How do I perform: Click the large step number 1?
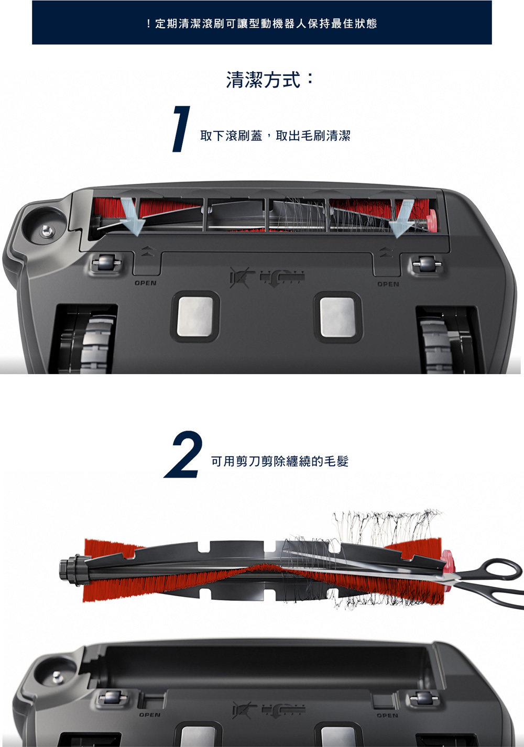181,129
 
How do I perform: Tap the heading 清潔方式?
269,80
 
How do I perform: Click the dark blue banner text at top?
261,24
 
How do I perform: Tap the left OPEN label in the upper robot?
145,283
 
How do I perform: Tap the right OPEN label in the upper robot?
388,284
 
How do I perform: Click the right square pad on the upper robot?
338,317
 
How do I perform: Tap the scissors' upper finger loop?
503,568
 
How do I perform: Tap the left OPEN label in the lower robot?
149,715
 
